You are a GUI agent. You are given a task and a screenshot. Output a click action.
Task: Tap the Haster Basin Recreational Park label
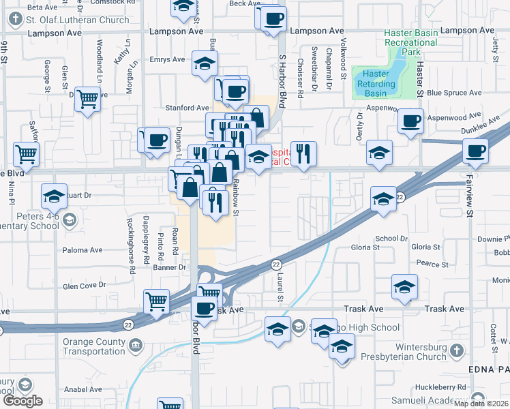click(x=410, y=42)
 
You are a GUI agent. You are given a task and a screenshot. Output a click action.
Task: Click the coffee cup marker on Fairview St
click(x=475, y=151)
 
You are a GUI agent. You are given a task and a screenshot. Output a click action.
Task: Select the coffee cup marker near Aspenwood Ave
click(x=410, y=121)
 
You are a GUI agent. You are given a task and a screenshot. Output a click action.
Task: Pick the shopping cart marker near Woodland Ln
click(x=88, y=100)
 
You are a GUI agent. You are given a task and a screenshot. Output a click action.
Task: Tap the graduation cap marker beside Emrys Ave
click(x=205, y=63)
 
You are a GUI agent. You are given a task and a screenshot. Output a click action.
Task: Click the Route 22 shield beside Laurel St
click(x=276, y=264)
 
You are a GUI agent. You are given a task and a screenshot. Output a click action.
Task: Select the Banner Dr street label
click(x=173, y=267)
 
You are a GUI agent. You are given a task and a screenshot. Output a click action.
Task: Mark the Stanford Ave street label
click(x=187, y=108)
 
